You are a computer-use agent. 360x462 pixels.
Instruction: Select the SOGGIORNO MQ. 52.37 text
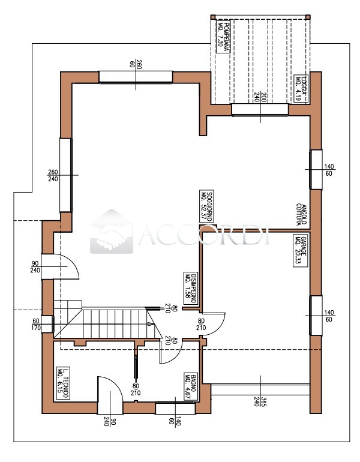tap(208, 206)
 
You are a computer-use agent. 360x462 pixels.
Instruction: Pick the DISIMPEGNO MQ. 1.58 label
tap(190, 289)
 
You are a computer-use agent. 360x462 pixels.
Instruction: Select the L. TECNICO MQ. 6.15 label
tap(64, 383)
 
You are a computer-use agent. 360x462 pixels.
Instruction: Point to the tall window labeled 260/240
tap(65, 175)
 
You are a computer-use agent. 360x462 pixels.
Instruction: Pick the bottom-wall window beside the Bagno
tap(175, 409)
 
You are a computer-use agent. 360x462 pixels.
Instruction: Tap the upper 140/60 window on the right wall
tap(316, 169)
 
